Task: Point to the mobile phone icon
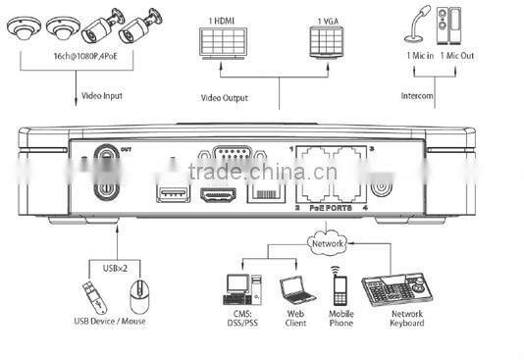tap(341, 289)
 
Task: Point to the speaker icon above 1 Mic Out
tap(453, 39)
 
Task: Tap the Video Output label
tap(225, 98)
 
